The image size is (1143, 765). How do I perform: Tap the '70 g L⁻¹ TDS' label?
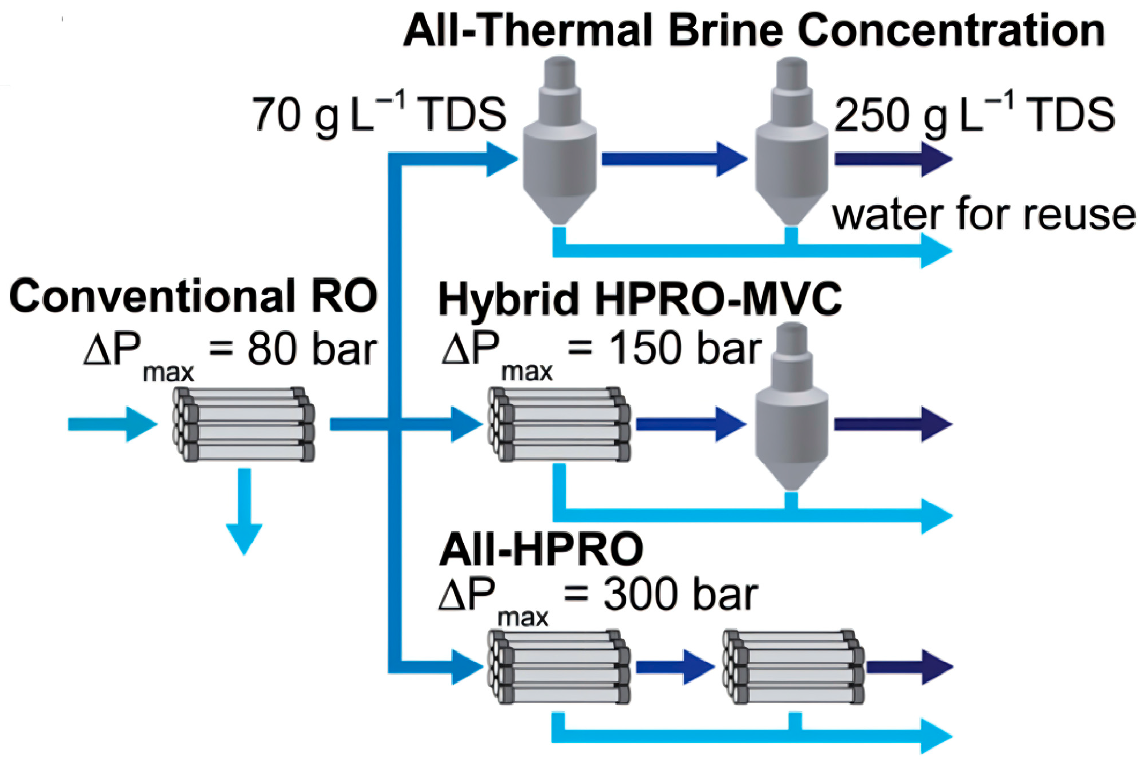[379, 114]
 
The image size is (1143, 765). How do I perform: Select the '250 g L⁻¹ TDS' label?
[974, 114]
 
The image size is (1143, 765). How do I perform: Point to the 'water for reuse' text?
[984, 215]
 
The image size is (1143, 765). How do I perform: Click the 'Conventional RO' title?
[193, 296]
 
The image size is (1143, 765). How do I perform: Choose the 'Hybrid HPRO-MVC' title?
[640, 299]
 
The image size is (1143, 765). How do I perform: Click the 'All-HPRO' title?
[541, 549]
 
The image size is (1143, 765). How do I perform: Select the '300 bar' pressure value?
[680, 595]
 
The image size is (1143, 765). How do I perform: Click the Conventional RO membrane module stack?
[244, 424]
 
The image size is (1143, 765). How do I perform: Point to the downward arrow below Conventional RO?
[244, 510]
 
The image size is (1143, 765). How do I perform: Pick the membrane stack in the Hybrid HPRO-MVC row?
[560, 424]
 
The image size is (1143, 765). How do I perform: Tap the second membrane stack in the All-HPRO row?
[794, 666]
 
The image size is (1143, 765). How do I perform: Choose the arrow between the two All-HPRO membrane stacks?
[675, 666]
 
